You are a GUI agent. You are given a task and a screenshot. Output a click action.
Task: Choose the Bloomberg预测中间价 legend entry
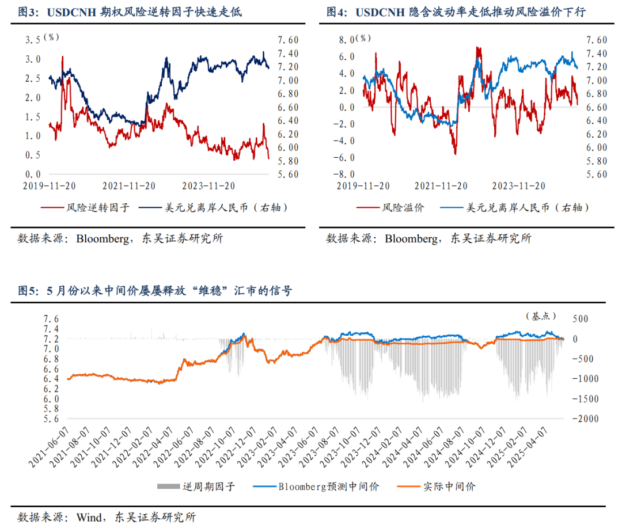click(x=329, y=487)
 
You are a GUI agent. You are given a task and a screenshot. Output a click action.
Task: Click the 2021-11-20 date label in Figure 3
click(x=129, y=186)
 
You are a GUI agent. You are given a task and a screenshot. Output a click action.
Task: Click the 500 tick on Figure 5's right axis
click(x=578, y=319)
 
